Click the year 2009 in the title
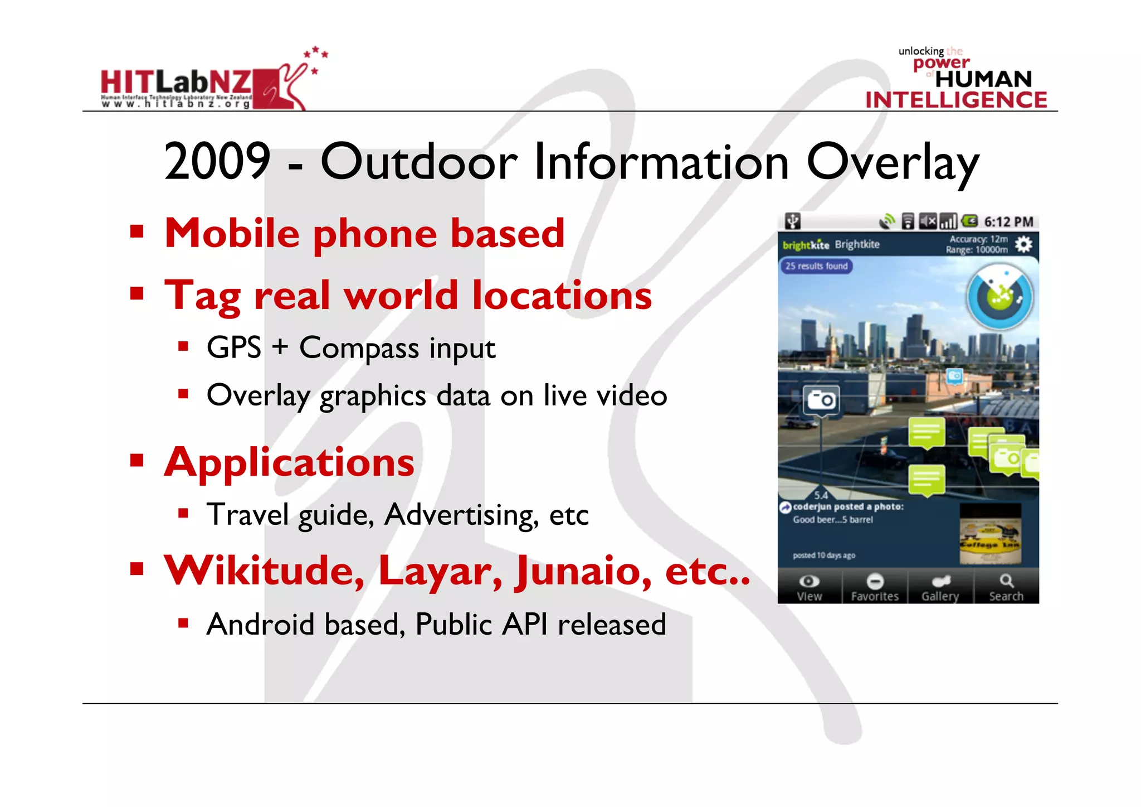(217, 162)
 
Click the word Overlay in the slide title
(893, 163)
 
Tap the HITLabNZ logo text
(176, 83)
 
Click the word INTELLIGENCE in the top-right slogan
(956, 100)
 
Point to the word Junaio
(583, 571)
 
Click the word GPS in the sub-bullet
(234, 348)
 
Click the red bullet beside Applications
(136, 461)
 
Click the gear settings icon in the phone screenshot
(1023, 244)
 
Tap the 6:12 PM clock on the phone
(1008, 222)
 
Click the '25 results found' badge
(816, 266)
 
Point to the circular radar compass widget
(1000, 297)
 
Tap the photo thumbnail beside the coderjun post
(990, 534)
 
